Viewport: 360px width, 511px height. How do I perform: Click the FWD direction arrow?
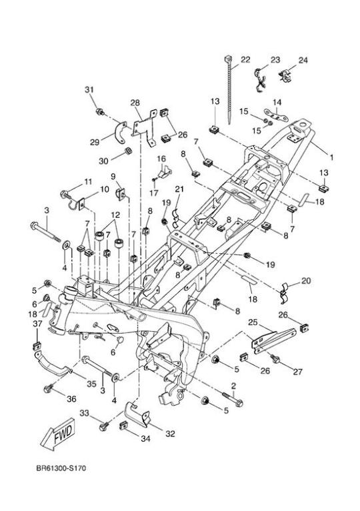point(58,434)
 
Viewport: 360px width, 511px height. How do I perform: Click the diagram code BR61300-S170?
point(61,468)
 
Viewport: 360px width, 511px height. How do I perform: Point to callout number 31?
point(89,90)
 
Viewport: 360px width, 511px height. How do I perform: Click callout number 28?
point(135,103)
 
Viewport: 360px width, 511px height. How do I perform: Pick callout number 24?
point(303,60)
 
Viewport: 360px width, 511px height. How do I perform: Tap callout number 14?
point(277,103)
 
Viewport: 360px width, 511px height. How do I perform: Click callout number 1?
point(331,157)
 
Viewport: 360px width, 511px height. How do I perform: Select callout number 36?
point(71,398)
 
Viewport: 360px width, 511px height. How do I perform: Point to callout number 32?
point(170,434)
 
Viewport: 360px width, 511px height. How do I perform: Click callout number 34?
point(145,438)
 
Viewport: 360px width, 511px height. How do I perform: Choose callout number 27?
point(297,372)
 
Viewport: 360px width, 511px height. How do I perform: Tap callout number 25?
point(253,322)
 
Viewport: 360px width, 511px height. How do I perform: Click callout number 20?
point(306,280)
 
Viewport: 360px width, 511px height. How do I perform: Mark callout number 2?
point(233,386)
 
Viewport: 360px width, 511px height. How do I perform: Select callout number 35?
point(91,384)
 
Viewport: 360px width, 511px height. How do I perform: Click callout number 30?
point(103,161)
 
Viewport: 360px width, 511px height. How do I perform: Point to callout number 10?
point(105,189)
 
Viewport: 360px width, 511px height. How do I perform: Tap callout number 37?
point(37,323)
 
